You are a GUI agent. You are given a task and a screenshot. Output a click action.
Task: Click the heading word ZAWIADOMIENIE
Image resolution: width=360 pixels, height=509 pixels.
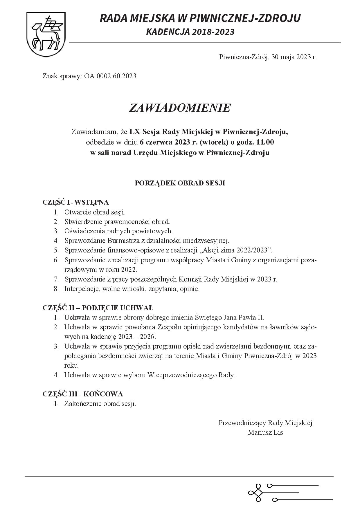[180, 108]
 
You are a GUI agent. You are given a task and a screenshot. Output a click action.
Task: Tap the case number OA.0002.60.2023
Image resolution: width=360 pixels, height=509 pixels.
[110, 76]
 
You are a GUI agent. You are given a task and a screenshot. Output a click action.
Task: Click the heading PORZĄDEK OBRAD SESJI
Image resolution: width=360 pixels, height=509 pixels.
[180, 183]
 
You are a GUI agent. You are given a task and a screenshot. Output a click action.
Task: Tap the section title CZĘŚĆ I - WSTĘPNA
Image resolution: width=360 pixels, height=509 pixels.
[75, 202]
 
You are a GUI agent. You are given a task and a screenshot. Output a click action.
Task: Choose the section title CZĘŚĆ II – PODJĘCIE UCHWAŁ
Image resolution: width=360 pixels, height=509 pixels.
[98, 308]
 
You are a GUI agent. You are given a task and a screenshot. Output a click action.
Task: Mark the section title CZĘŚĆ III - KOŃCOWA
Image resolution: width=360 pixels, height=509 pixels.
[83, 394]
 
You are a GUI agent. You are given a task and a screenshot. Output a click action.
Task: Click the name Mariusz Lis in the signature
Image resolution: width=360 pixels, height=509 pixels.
[265, 432]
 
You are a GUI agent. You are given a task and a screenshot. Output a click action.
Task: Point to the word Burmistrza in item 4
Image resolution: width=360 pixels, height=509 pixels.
[122, 241]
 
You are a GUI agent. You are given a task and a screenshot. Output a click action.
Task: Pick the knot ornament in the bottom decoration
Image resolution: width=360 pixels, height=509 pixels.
[255, 492]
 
